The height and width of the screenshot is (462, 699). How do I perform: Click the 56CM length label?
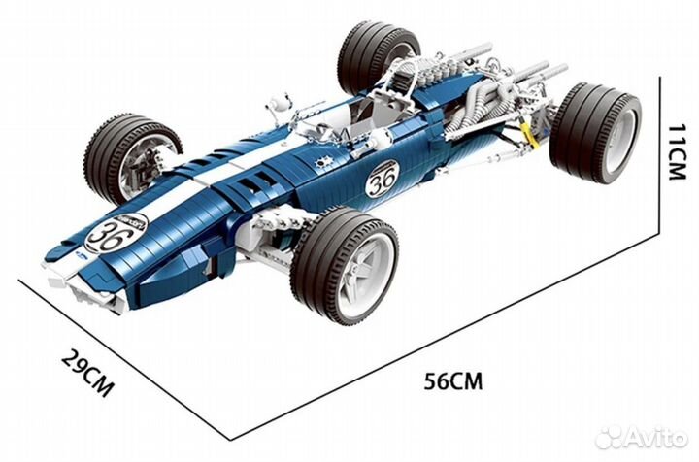(453, 380)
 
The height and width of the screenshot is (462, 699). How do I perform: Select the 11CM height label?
(677, 151)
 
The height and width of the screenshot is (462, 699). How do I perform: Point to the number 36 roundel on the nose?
(116, 232)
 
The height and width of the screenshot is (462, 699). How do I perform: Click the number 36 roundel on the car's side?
(383, 179)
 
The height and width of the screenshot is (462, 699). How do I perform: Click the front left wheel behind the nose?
(131, 157)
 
